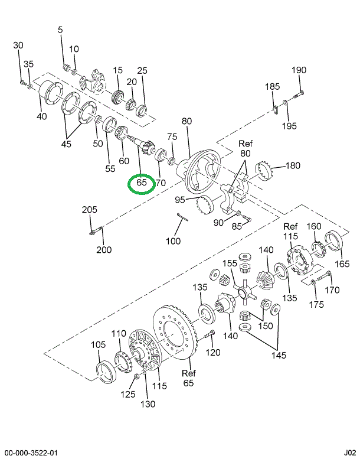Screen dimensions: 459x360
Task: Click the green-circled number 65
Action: click(x=142, y=183)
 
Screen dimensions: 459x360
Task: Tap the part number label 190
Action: click(x=299, y=70)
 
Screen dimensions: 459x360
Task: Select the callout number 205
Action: click(x=90, y=210)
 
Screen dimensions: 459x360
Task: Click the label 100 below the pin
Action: click(x=173, y=241)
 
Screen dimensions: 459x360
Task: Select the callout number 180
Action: click(x=293, y=165)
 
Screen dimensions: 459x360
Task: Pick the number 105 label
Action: click(x=99, y=344)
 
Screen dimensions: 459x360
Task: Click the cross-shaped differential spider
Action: click(x=242, y=290)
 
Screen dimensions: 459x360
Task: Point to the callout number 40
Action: click(x=41, y=116)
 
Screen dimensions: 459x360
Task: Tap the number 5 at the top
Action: click(x=60, y=30)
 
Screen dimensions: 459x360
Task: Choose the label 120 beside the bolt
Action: click(x=212, y=353)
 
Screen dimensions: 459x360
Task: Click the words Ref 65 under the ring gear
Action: click(x=188, y=378)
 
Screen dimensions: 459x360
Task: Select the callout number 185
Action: click(x=272, y=87)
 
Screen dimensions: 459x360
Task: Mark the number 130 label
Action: click(x=148, y=404)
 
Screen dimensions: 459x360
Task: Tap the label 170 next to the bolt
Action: click(x=333, y=290)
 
